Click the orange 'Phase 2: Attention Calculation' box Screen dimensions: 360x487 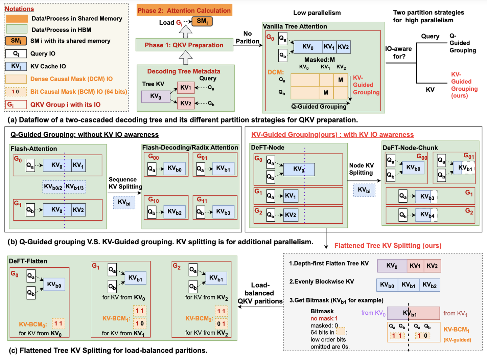[184, 10]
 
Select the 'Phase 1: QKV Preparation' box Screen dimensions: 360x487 [184, 45]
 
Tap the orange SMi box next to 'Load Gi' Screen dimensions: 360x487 [202, 21]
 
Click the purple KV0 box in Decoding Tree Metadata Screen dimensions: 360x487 [156, 96]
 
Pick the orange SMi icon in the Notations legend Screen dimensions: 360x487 [16, 41]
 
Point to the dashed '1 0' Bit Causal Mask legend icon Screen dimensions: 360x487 [16, 92]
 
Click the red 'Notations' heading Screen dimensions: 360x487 [19, 9]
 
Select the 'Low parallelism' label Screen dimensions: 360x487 [317, 13]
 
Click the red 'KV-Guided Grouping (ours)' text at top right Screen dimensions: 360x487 [464, 85]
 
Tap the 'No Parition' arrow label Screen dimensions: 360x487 [248, 37]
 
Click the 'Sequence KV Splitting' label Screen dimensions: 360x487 [125, 183]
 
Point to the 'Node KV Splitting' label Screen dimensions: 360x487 [361, 169]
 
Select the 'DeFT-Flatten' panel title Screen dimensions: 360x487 [28, 261]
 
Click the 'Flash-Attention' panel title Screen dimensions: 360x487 [34, 149]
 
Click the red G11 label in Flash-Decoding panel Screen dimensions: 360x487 [202, 200]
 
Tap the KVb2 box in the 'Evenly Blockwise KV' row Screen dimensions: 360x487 [430, 285]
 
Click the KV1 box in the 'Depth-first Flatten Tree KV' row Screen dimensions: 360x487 [415, 266]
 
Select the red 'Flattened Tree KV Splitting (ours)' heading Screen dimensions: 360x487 [388, 246]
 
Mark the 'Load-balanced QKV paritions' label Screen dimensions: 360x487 [260, 293]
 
